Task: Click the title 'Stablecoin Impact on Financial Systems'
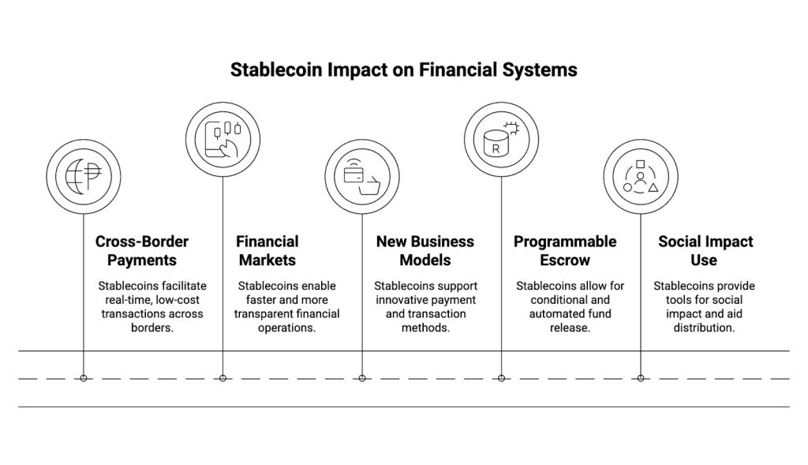click(403, 69)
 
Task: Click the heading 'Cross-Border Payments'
click(142, 250)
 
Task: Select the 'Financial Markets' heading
click(267, 250)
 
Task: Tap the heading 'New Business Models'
click(425, 250)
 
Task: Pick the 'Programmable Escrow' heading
click(565, 250)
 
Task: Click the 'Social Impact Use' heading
click(705, 250)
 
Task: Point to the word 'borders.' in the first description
click(151, 328)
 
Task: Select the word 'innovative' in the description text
click(404, 299)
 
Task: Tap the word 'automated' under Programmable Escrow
click(559, 313)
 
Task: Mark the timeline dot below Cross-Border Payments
click(84, 378)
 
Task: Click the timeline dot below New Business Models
click(362, 378)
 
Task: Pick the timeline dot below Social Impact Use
click(641, 378)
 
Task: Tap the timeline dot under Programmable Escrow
click(501, 378)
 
